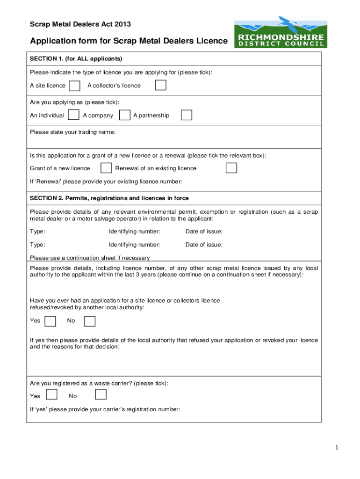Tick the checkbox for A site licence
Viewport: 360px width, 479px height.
point(74,86)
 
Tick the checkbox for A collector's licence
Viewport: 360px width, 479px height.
point(160,85)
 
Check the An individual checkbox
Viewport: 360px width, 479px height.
point(73,115)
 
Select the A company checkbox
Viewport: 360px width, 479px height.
point(125,115)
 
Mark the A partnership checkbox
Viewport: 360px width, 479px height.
point(186,115)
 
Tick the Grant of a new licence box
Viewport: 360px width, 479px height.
point(107,168)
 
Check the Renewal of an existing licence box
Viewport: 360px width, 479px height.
point(231,168)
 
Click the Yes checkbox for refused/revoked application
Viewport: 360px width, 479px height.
point(50,321)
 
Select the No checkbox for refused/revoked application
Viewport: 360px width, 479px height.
point(89,321)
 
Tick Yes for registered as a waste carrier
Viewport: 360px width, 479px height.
point(51,395)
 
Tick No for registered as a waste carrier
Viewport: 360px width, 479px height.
point(101,395)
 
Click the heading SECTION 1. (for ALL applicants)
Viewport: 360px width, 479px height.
point(76,59)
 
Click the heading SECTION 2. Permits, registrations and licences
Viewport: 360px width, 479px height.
point(109,198)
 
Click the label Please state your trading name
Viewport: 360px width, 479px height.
point(72,132)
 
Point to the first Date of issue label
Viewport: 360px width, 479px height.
point(204,232)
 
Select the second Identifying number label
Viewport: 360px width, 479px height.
point(135,245)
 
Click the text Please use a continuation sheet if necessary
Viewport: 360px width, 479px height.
point(90,258)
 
